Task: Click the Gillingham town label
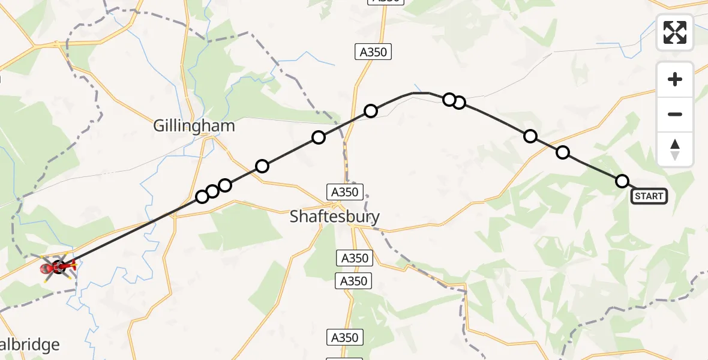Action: coord(194,127)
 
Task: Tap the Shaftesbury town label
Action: coord(335,216)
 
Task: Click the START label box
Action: coord(649,196)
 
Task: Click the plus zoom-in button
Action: coord(675,79)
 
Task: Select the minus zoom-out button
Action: coord(675,114)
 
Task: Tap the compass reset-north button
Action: coord(675,149)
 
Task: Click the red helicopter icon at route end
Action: coord(59,267)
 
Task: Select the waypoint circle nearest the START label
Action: coord(622,181)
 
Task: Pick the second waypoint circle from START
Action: coord(563,152)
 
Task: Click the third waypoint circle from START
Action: coord(530,136)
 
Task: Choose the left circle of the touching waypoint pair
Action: coord(449,100)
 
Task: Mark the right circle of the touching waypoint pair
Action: coord(459,103)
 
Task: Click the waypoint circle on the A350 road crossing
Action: coord(371,111)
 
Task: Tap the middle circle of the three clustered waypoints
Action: coord(212,191)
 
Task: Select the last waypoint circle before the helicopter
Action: coord(202,197)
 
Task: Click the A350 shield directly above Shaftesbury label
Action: coord(344,192)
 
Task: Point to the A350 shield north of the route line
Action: coord(373,52)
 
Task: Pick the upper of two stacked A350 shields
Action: coord(353,259)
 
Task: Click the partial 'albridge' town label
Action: coord(30,345)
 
